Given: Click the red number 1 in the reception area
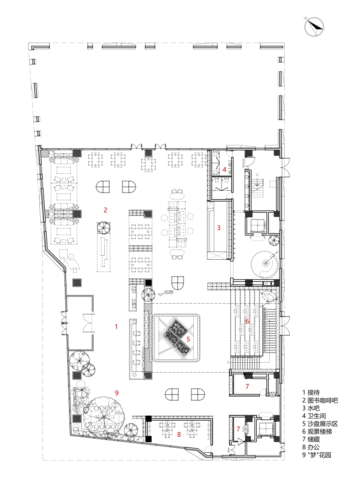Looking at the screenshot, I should tap(116, 327).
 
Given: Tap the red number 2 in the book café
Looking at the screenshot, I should tap(106, 210).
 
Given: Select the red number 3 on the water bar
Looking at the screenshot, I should tap(219, 227).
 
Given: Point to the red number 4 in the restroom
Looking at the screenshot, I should tap(224, 170).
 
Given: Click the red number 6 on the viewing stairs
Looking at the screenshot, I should tap(247, 321).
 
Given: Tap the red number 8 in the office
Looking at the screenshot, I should tap(179, 434).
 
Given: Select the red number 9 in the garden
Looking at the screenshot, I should tap(116, 392).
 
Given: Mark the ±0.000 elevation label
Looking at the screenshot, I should tap(170, 291).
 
